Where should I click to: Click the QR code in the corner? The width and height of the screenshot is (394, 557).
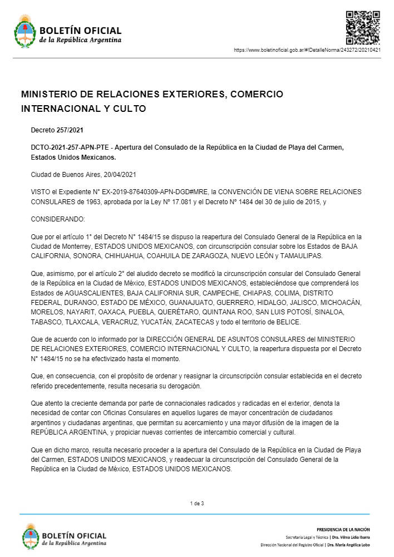[x=363, y=27]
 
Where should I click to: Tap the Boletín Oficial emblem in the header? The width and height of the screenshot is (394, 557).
[x=24, y=31]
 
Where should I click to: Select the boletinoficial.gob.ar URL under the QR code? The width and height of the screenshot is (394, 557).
[x=307, y=50]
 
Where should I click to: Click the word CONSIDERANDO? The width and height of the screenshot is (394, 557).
[x=58, y=219]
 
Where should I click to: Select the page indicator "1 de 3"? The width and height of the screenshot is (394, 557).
[x=197, y=504]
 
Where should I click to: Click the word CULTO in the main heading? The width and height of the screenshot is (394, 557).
[x=129, y=109]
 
